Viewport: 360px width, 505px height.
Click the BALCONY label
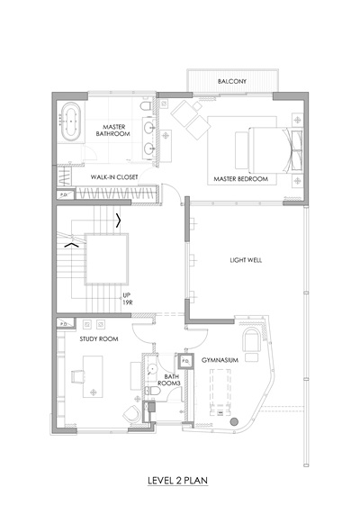tap(232, 81)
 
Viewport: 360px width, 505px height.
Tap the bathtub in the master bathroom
tap(70, 122)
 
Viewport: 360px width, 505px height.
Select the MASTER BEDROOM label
tap(241, 179)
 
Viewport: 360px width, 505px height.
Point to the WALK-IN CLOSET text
tap(114, 176)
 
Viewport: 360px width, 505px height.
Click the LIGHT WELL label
tap(246, 260)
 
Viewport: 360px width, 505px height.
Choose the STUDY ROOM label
tap(99, 338)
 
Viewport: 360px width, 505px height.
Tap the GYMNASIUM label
tap(220, 360)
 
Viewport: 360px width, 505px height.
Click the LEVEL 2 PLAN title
tap(177, 481)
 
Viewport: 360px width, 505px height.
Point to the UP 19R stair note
tap(128, 299)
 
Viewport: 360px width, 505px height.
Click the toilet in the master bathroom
tap(146, 106)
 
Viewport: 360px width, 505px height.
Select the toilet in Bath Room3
tap(153, 392)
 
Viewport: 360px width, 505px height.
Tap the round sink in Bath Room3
tap(151, 369)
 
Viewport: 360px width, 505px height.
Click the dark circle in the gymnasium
tap(234, 421)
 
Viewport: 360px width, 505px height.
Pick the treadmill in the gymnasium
tap(220, 392)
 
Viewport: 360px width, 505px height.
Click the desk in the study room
tap(93, 376)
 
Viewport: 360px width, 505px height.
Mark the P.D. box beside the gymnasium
tap(185, 361)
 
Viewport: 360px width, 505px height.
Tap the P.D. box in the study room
tap(65, 323)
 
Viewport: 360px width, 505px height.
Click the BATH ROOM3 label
tap(168, 380)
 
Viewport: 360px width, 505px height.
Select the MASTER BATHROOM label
tap(113, 131)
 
